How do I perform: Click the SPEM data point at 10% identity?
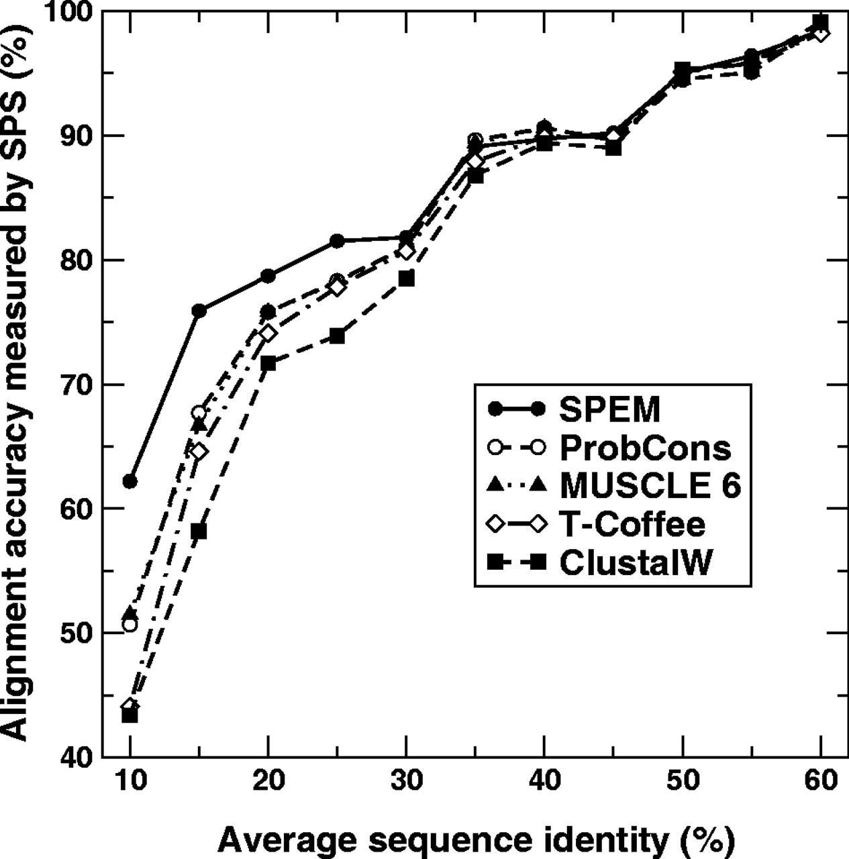click(x=130, y=481)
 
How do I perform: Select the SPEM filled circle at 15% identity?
click(x=199, y=311)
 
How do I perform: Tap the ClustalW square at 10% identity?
click(x=130, y=715)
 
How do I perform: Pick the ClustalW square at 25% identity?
click(x=337, y=336)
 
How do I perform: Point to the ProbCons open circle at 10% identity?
click(x=130, y=625)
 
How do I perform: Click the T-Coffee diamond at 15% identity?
click(x=199, y=451)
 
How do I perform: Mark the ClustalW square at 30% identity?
click(x=406, y=279)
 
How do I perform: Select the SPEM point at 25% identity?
click(x=337, y=241)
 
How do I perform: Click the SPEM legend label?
click(x=609, y=409)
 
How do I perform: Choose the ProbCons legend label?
click(x=645, y=448)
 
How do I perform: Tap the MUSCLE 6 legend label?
click(x=650, y=486)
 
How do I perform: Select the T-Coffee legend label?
click(x=632, y=524)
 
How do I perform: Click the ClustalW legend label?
click(x=634, y=562)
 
